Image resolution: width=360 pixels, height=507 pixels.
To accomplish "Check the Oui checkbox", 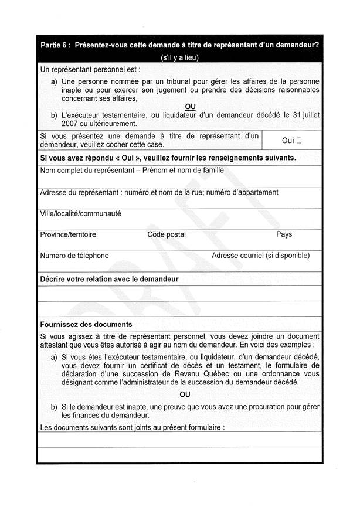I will click(299, 141).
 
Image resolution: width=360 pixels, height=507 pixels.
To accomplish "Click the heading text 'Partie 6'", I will click(55, 46).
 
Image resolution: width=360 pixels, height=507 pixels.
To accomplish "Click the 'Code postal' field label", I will click(167, 234).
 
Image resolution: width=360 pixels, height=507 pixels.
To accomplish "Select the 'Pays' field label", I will click(284, 234).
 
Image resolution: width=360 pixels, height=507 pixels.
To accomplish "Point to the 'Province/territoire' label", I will click(68, 234).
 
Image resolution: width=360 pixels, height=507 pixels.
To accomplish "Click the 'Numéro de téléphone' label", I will click(74, 256).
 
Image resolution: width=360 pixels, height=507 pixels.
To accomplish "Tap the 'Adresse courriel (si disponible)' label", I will click(260, 256).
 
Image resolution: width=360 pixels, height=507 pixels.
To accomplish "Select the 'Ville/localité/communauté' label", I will click(80, 213).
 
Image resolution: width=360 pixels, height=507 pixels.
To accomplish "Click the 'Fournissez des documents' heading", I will click(86, 324).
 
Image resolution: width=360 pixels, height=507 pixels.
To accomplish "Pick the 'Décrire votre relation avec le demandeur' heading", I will click(109, 279).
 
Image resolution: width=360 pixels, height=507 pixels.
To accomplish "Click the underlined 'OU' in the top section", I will click(190, 106).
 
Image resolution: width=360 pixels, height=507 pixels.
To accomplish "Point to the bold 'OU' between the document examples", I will click(185, 394).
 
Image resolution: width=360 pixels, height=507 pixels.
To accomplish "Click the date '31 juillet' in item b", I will click(301, 115).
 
